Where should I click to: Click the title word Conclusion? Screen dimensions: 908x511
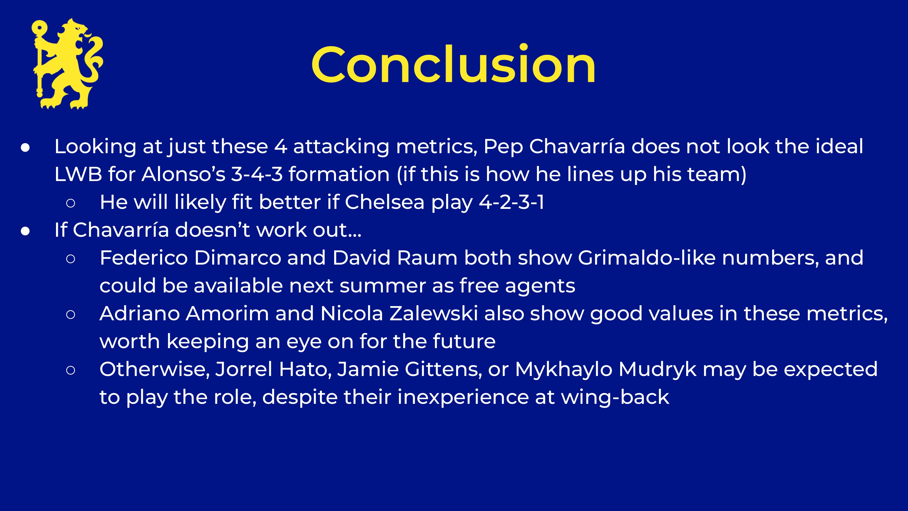(453, 65)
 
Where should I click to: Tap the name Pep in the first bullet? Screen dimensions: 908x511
(503, 147)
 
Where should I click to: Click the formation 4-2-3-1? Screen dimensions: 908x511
(511, 202)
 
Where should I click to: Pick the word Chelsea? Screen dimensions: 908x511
(384, 202)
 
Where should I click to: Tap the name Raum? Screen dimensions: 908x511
(427, 258)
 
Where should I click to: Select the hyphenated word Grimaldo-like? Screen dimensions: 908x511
(647, 258)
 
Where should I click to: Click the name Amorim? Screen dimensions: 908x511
(227, 314)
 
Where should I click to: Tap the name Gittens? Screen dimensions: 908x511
(443, 370)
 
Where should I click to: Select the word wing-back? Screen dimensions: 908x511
(615, 397)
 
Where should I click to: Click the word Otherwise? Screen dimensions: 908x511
(155, 370)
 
